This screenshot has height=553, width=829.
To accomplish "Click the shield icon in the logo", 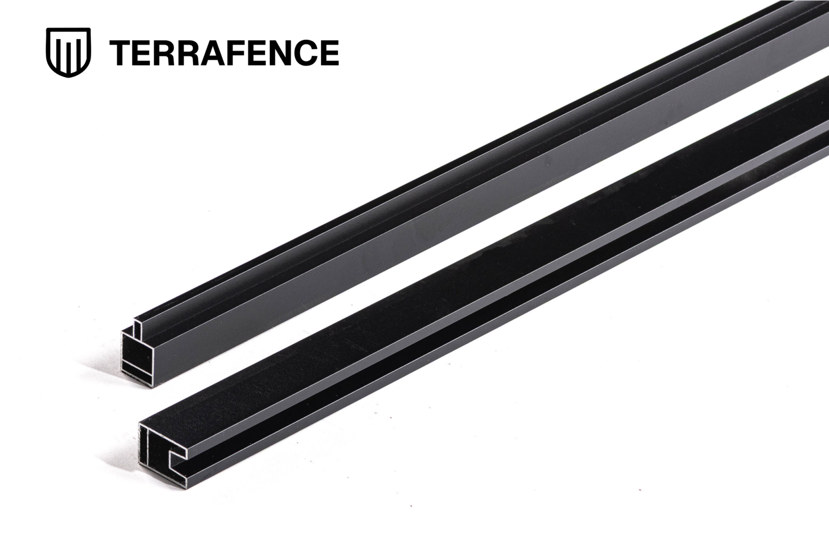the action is pyautogui.click(x=68, y=53).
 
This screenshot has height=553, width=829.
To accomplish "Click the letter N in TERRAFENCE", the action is pyautogui.click(x=281, y=53).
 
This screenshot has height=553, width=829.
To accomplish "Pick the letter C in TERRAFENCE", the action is pyautogui.click(x=305, y=53).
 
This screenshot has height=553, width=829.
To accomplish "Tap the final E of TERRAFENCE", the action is pyautogui.click(x=329, y=53).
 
